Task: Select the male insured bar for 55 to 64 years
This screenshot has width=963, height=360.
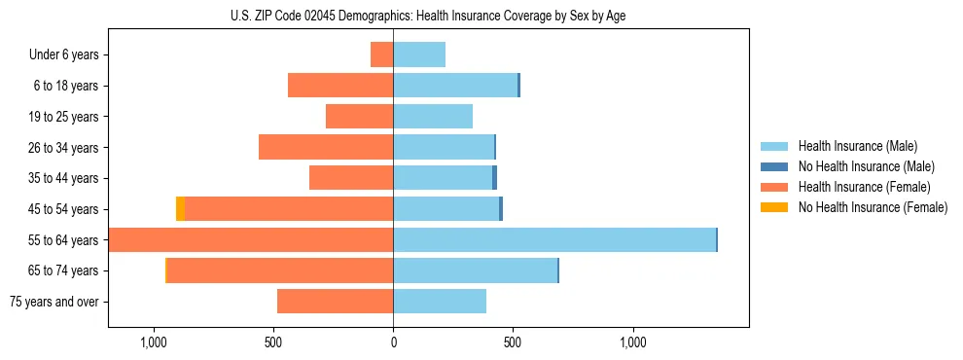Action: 554,240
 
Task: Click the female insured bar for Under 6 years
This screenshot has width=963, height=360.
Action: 382,54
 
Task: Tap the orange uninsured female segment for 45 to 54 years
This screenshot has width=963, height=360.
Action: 180,209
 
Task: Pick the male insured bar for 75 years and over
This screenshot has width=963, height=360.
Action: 440,302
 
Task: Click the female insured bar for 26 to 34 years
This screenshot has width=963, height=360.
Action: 326,147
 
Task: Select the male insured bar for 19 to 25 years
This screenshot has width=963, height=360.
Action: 433,117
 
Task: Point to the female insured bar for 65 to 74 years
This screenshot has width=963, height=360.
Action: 280,270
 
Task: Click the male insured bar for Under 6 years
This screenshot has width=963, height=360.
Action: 419,54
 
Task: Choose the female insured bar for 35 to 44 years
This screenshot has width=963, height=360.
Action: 351,178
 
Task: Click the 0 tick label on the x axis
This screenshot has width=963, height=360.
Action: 393,342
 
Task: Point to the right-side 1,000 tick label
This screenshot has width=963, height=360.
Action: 633,342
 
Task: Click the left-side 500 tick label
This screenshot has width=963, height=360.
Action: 273,342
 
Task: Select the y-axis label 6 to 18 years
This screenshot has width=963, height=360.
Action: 66,86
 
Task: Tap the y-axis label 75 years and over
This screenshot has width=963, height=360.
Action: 54,302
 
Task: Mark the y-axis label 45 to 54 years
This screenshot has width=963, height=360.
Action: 63,209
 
